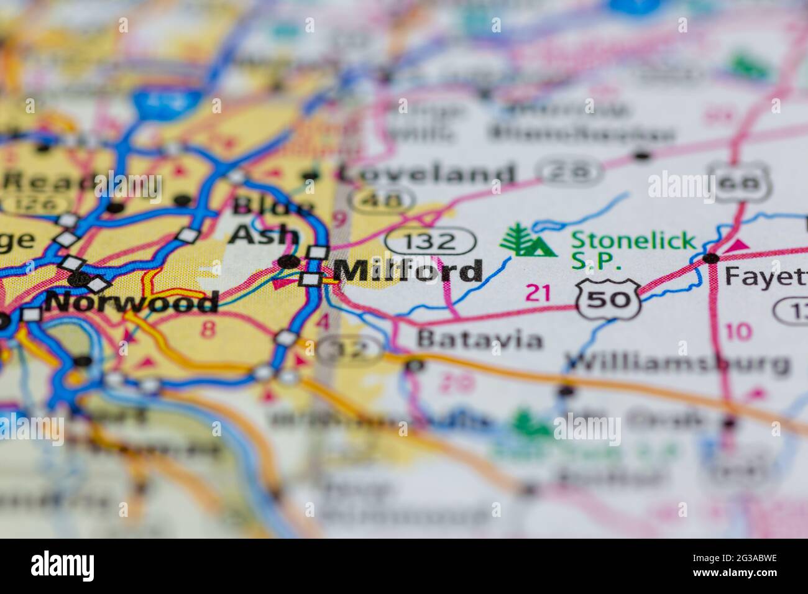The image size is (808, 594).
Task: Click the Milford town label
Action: [x=408, y=271]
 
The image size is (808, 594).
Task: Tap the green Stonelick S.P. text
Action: [x=633, y=249]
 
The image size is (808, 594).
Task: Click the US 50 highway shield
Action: [x=607, y=299]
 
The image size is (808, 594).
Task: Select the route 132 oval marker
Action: [x=430, y=240]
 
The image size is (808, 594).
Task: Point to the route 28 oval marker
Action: [x=571, y=171]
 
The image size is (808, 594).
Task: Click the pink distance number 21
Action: [x=538, y=292]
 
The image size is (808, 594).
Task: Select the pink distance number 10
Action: [x=738, y=332]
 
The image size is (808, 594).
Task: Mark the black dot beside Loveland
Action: [x=310, y=176]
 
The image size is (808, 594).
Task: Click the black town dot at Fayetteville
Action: [x=711, y=257]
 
